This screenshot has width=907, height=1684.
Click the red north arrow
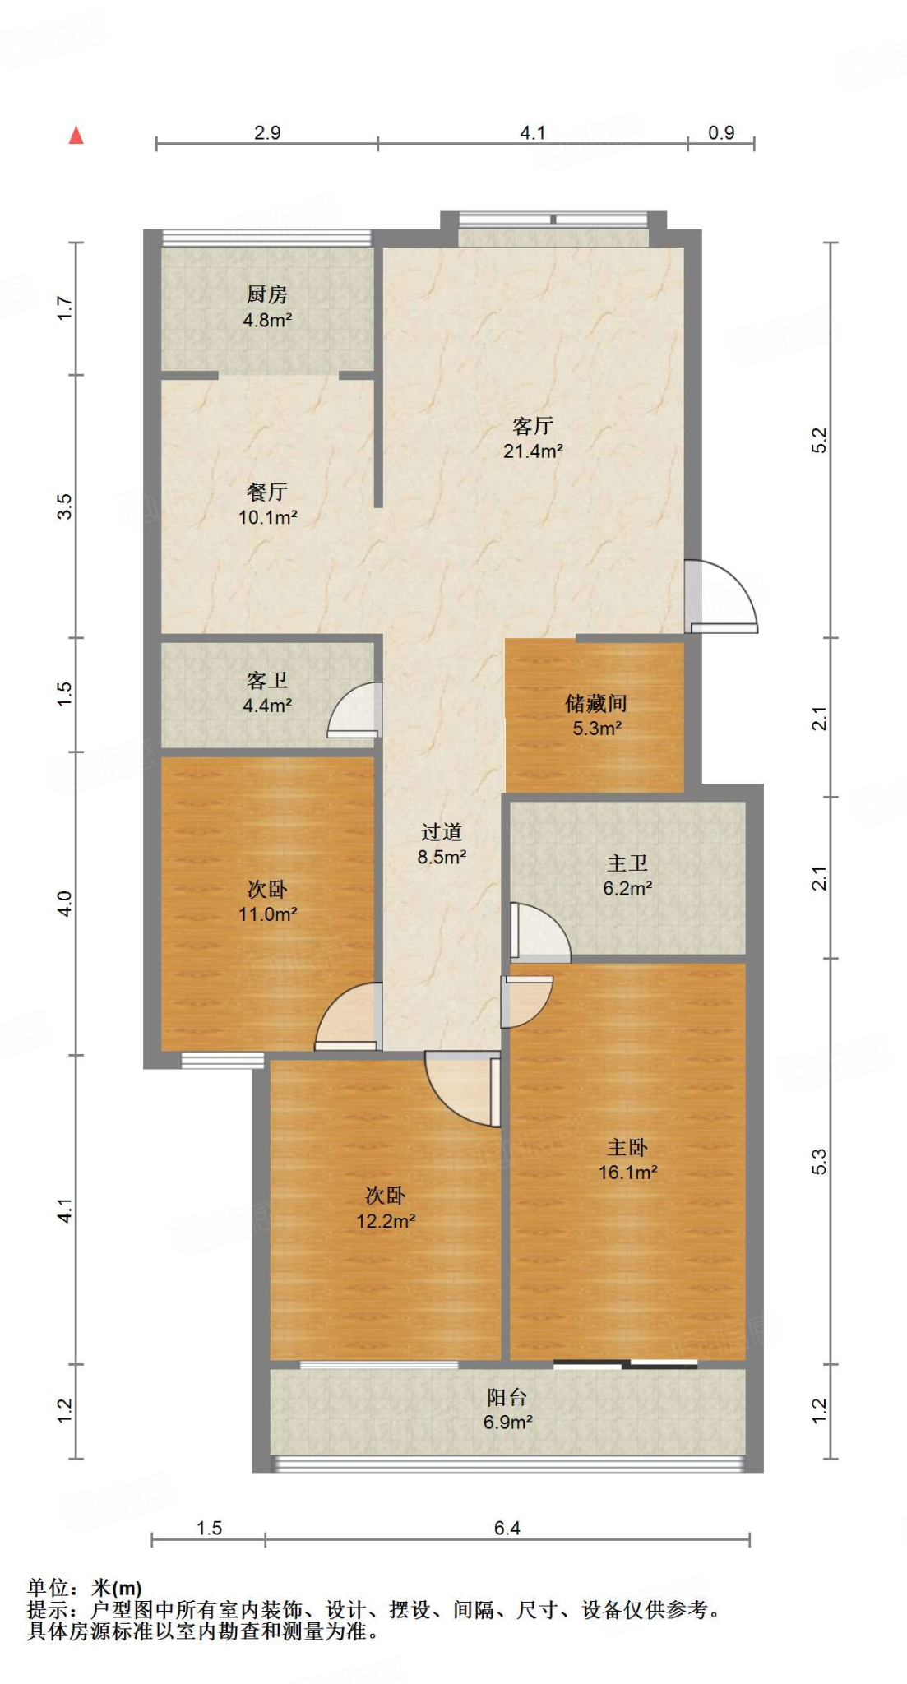(x=76, y=136)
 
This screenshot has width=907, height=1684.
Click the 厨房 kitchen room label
(x=267, y=294)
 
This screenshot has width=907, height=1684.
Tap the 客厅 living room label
(x=533, y=426)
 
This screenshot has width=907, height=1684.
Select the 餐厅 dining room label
(x=267, y=493)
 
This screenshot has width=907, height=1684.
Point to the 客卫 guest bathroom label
(x=267, y=681)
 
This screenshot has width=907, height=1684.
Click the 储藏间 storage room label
(x=596, y=704)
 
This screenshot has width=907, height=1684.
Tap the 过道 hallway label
(x=442, y=833)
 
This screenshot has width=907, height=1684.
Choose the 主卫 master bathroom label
(x=627, y=863)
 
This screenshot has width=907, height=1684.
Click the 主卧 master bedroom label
(x=627, y=1148)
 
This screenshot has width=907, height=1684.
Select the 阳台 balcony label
(x=507, y=1397)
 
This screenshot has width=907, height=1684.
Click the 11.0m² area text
(x=267, y=914)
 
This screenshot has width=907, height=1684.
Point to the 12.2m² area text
(x=385, y=1222)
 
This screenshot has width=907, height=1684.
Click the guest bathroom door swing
(x=356, y=710)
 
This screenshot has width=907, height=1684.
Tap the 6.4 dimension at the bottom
(x=507, y=1529)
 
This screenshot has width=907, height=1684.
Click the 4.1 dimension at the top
(x=533, y=133)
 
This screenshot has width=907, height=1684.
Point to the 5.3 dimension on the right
(x=819, y=1161)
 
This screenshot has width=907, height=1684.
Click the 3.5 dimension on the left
(x=65, y=507)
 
